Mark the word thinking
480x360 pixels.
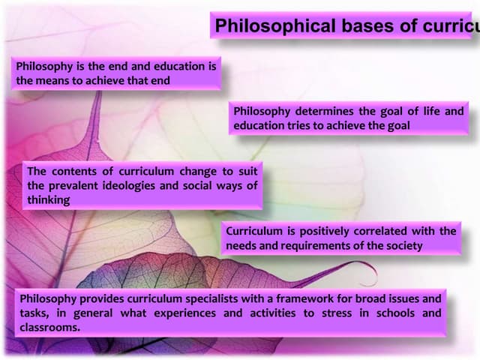(x=49, y=199)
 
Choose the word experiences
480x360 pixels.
(x=187, y=313)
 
